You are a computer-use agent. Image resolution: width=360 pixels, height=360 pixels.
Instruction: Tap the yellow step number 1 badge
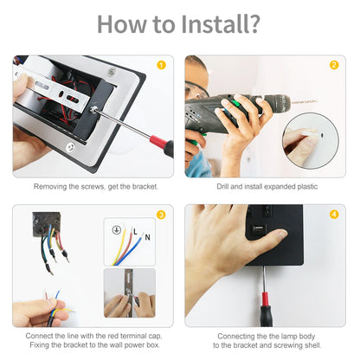click(x=160, y=65)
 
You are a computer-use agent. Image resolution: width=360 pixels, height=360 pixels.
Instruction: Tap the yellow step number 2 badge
click(x=333, y=65)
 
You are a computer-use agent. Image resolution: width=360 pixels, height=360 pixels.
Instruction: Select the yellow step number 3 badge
click(x=160, y=214)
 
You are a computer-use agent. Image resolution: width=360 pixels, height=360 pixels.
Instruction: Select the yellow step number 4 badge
click(x=333, y=214)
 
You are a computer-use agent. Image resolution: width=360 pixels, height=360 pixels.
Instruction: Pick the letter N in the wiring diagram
click(x=147, y=236)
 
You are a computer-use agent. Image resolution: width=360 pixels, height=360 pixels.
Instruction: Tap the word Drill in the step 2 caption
click(x=225, y=186)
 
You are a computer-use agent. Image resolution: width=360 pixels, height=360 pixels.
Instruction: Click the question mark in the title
click(x=254, y=24)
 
